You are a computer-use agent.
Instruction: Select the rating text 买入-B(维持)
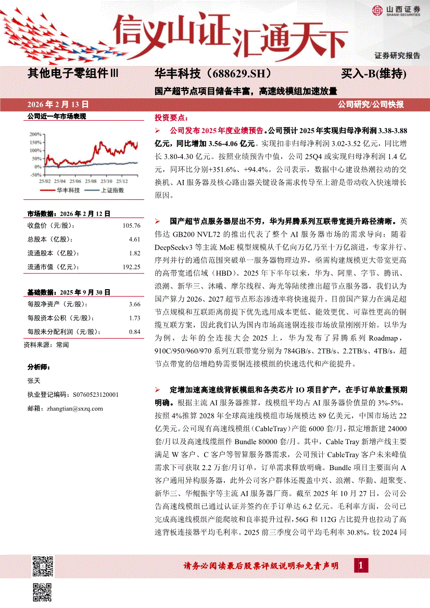[374, 73]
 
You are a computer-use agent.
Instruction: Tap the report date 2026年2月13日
[58, 104]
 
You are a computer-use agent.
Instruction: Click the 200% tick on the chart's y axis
[36, 134]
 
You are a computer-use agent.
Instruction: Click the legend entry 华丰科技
[68, 190]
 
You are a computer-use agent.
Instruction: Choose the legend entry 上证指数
[111, 190]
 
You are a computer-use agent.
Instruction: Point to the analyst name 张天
[33, 380]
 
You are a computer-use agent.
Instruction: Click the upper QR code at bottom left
[43, 565]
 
